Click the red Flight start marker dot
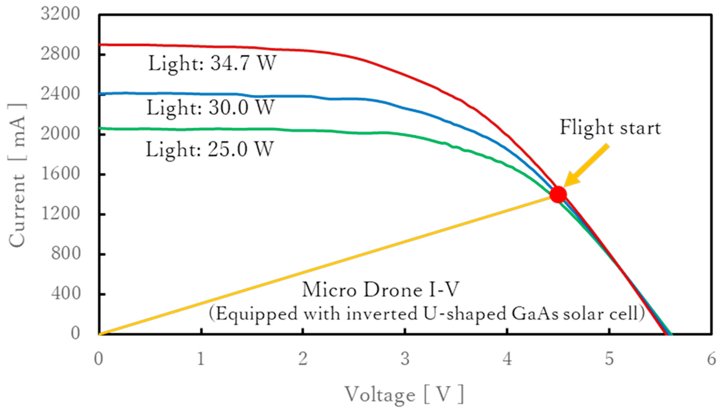tap(558, 195)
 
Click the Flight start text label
tap(610, 128)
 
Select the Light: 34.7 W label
tap(212, 63)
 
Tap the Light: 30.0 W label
tap(210, 108)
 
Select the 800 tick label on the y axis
tap(65, 253)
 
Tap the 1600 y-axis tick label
tap(60, 173)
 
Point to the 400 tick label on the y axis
tap(65, 294)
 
